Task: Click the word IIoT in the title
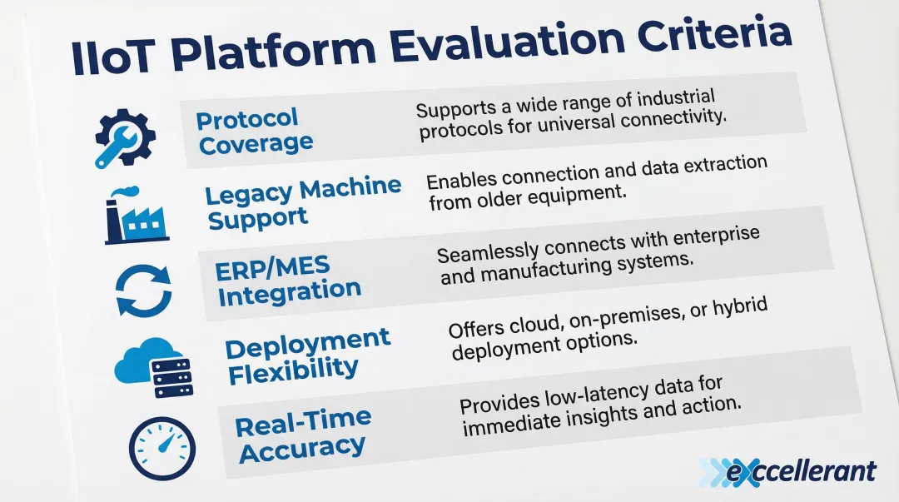(x=113, y=58)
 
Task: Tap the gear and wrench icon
(x=124, y=138)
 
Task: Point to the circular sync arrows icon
(x=143, y=291)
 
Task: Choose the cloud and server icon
(x=154, y=367)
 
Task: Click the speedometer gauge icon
(x=162, y=448)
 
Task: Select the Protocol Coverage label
(x=254, y=132)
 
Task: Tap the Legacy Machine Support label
(x=303, y=202)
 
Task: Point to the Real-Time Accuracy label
(x=303, y=435)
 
